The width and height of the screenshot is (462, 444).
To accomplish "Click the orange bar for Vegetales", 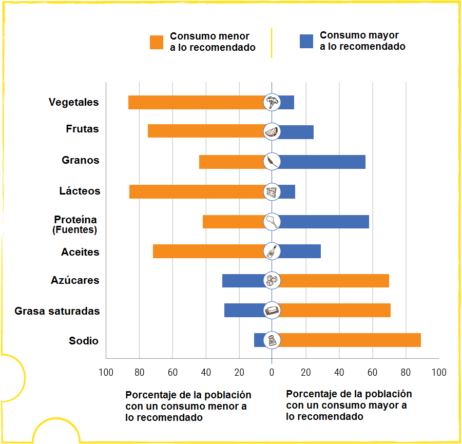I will click(x=196, y=102).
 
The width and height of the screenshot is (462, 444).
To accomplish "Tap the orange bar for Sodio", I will click(x=350, y=340).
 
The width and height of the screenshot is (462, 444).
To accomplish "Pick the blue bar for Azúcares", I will click(x=243, y=281).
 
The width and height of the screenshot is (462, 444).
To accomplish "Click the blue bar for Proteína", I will click(x=324, y=222).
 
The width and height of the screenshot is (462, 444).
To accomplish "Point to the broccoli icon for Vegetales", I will click(x=272, y=102).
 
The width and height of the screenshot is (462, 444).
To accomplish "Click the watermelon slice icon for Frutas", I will click(x=272, y=131).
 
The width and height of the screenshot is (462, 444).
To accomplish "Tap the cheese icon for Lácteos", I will click(x=272, y=192).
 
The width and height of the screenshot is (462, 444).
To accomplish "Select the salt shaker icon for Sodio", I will click(x=272, y=340).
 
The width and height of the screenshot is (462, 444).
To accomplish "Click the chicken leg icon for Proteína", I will click(x=272, y=222).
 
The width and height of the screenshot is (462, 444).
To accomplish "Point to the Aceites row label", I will click(x=80, y=253).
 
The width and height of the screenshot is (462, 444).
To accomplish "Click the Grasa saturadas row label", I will click(x=57, y=311).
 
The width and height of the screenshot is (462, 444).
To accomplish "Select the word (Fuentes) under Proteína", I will click(x=74, y=230).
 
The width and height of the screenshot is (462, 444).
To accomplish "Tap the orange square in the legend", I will click(x=157, y=42).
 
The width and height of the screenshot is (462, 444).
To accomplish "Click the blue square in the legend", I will click(x=306, y=41).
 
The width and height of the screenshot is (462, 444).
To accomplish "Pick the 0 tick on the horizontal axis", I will click(x=272, y=372).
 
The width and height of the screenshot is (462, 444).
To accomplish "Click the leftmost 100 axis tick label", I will click(x=106, y=372).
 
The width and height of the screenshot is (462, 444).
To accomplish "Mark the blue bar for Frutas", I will click(x=296, y=131).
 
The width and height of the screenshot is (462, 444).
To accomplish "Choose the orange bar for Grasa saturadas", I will click(x=334, y=311).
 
